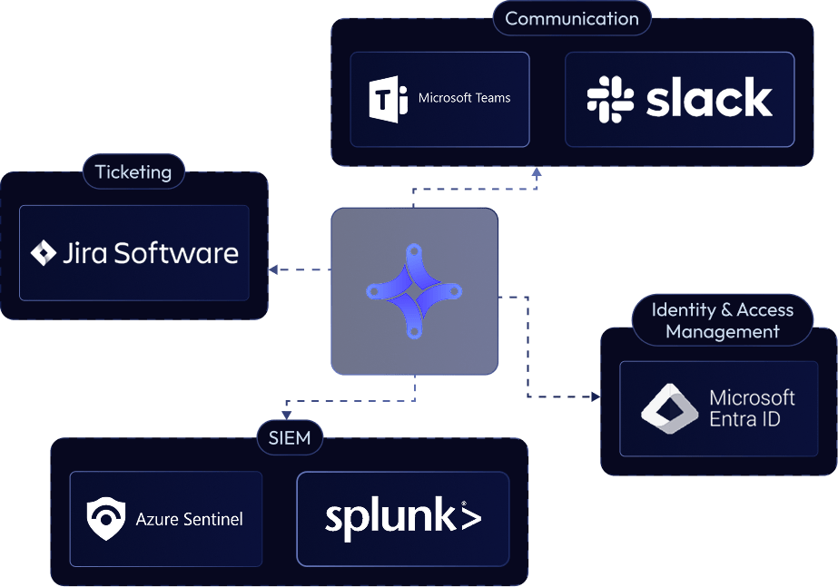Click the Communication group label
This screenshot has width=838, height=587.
572,18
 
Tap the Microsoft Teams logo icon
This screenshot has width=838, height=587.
389,99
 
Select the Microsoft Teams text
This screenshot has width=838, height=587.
464,98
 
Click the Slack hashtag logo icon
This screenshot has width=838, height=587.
610,99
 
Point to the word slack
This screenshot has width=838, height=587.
709,99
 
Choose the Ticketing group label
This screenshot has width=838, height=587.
133,171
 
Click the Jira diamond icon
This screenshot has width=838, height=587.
44,253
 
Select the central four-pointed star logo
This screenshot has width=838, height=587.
414,291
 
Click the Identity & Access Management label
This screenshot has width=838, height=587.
722,320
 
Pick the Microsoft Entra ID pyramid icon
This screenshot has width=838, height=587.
669,408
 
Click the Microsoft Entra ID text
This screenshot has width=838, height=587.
751,408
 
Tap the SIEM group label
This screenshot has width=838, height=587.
290,438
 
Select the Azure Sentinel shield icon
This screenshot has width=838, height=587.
105,519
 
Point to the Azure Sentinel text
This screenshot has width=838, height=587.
189,520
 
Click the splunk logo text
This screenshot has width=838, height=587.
402,518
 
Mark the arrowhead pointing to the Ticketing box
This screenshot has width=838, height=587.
272,269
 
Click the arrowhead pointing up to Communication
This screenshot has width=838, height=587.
537,171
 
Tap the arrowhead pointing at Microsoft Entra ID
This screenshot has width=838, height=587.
596,396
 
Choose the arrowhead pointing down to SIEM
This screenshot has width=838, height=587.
285,413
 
